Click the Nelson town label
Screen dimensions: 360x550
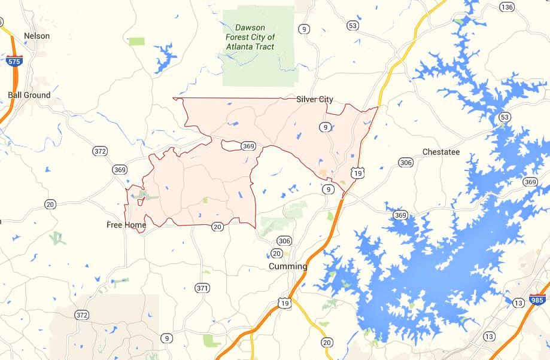37,36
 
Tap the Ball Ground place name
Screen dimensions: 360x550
29,95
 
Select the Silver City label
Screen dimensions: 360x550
315,99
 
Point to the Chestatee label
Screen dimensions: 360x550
441,152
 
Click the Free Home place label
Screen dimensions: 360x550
126,225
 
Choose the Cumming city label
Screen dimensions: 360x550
288,266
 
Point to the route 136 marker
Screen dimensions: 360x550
507,7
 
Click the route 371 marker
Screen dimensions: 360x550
202,288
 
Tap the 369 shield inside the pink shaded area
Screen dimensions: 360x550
248,146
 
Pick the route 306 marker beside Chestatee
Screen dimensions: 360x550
406,163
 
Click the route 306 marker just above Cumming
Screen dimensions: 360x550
284,241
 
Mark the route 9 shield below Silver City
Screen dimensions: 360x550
324,127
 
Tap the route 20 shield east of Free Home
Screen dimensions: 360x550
217,226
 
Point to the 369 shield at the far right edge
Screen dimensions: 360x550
530,182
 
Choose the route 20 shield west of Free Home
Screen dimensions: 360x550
50,205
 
